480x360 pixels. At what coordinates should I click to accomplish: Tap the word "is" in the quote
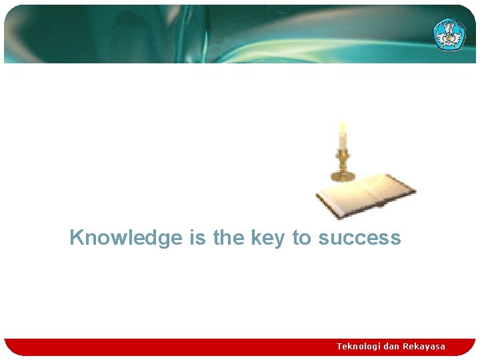pyautogui.click(x=198, y=238)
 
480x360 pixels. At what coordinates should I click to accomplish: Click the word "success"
pyautogui.click(x=359, y=238)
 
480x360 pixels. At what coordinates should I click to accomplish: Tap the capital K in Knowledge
pyautogui.click(x=77, y=237)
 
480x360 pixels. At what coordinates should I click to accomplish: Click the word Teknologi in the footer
pyautogui.click(x=359, y=346)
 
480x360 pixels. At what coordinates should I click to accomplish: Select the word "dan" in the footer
pyautogui.click(x=391, y=346)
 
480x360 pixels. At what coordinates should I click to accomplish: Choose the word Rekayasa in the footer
pyautogui.click(x=424, y=346)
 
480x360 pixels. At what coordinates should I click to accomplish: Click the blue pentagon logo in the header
pyautogui.click(x=449, y=33)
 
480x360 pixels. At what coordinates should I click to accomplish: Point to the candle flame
pyautogui.click(x=343, y=126)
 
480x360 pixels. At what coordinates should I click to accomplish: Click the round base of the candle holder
pyautogui.click(x=343, y=176)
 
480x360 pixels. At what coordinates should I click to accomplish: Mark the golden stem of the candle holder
pyautogui.click(x=343, y=161)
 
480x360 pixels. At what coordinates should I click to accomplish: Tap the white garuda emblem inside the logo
pyautogui.click(x=449, y=32)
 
